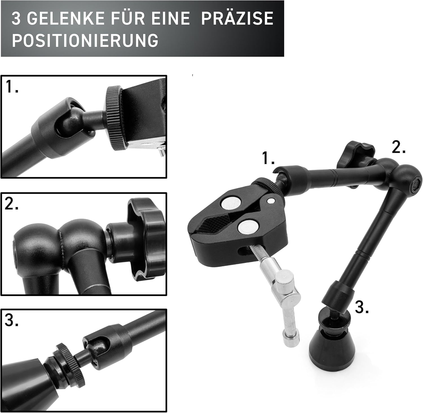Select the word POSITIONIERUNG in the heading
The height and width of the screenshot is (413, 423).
(85, 40)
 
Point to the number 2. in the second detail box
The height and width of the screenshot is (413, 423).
(12, 204)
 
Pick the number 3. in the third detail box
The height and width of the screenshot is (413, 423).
(12, 320)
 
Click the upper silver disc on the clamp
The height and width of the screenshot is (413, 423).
(231, 203)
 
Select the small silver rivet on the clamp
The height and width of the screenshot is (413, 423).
(272, 201)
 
